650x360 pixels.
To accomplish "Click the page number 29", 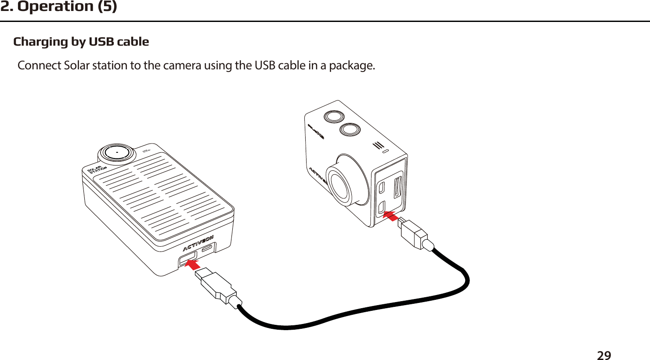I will [x=604, y=355].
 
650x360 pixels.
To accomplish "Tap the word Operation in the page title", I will [x=61, y=7].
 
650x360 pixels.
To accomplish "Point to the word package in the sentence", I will [x=351, y=66].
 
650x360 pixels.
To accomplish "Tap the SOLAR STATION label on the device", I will [x=97, y=170].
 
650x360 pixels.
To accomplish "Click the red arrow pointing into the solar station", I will [x=192, y=264].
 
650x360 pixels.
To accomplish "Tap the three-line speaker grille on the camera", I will [x=378, y=145].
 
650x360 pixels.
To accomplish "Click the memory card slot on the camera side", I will [x=398, y=187].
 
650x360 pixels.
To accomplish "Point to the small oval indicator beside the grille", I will [x=385, y=151].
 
